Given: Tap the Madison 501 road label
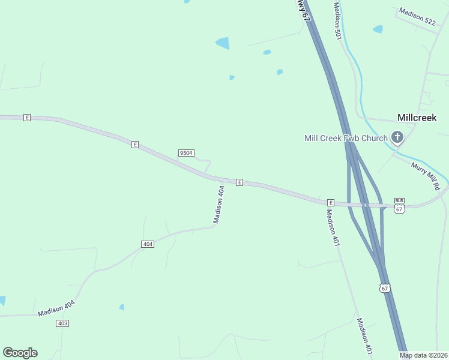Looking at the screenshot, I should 338,20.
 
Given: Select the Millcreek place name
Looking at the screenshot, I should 417,118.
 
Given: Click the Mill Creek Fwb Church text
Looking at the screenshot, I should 346,138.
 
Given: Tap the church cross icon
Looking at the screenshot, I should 397,138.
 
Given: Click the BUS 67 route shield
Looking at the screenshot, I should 400,205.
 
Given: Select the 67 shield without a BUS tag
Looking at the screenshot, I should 385,288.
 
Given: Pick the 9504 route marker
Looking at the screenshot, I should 186,153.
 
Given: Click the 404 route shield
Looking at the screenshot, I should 148,244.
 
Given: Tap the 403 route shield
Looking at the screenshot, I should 62,323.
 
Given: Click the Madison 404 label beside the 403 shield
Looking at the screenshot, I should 56,308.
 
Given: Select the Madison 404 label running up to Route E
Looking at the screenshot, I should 219,205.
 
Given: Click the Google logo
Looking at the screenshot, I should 20,353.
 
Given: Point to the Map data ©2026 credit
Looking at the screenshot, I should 424,355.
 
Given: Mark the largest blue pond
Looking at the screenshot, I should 223,43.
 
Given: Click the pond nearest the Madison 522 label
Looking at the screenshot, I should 378,29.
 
